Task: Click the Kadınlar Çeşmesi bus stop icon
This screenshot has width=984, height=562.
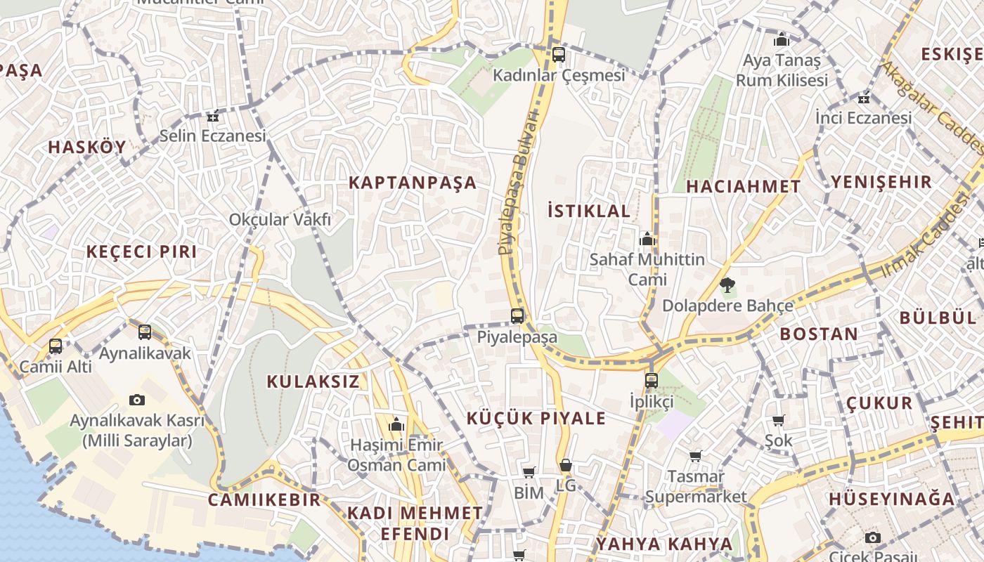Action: coord(559,54)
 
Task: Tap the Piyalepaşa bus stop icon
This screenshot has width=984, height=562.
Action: coord(517,315)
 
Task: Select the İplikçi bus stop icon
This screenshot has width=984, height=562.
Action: coord(652,381)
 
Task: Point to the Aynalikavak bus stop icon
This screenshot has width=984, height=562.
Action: coord(145,332)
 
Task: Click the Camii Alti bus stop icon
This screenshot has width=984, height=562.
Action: coord(56,346)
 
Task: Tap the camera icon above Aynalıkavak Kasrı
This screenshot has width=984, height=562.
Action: coord(137,400)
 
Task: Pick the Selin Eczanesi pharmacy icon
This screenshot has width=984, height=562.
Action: coord(213,115)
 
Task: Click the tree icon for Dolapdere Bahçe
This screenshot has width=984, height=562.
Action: coord(727,285)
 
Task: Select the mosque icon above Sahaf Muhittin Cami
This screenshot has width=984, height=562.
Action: coord(647,239)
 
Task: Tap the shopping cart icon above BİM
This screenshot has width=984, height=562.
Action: coord(529,472)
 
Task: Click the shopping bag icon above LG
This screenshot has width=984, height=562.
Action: coord(565,465)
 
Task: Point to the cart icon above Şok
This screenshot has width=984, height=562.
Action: coord(778,420)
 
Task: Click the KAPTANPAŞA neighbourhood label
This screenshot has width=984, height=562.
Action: coord(413,183)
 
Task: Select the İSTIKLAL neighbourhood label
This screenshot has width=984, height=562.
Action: coord(588,210)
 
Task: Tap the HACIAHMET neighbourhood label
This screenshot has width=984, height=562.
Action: coord(743,186)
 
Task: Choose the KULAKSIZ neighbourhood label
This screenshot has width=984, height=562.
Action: coord(313,381)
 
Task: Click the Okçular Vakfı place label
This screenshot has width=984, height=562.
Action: coord(280,220)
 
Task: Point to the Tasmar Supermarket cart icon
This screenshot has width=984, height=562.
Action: coord(696,457)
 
